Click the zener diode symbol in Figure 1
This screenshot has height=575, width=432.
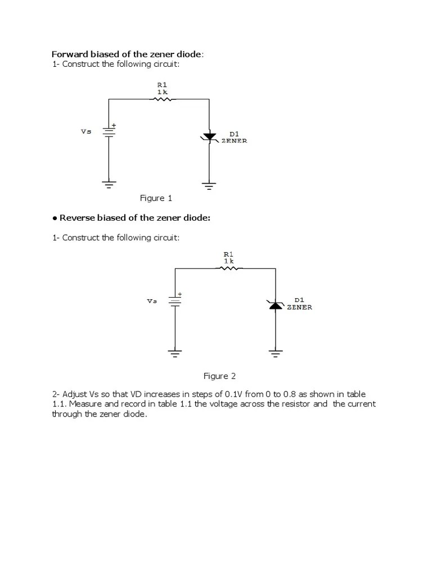[209, 136]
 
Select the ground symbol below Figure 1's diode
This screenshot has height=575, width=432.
[209, 186]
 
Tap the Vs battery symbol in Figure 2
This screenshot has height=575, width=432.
[175, 301]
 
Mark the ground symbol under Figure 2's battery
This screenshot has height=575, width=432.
[175, 353]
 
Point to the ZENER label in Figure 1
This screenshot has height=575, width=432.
[234, 141]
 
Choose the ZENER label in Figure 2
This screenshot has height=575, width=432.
[299, 308]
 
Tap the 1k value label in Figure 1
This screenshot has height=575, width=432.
[162, 91]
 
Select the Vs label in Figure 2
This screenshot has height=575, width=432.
[152, 301]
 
